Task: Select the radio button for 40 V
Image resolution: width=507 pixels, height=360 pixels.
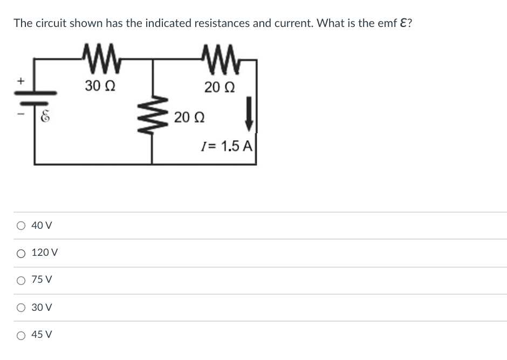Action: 19,226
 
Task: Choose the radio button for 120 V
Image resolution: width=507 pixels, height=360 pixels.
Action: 19,253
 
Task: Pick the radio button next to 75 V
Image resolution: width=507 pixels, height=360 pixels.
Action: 19,280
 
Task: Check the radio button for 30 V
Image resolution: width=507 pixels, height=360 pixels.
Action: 19,308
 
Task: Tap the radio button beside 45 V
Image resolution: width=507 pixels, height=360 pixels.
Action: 19,335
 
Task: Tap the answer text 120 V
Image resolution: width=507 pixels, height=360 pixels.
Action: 45,253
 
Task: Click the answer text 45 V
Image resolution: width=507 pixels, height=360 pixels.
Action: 42,335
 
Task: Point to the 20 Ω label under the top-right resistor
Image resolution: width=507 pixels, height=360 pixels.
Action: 218,85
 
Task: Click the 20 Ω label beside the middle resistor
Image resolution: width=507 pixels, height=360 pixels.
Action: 188,117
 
